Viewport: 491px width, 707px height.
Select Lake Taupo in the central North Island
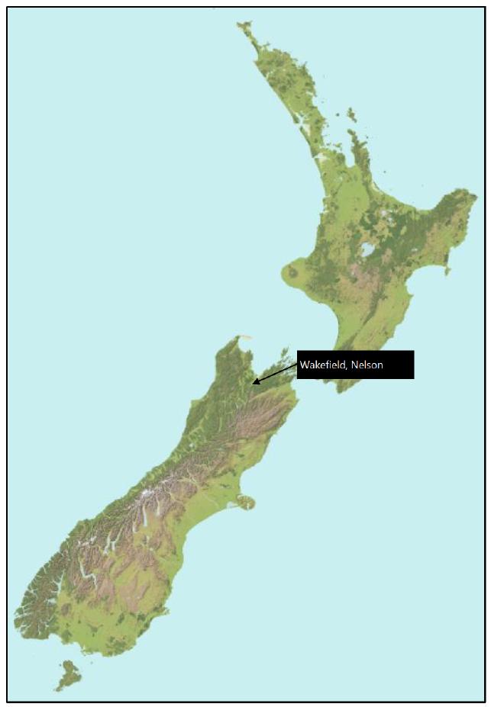pyautogui.click(x=368, y=249)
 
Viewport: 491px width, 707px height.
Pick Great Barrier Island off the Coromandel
pyautogui.click(x=351, y=114)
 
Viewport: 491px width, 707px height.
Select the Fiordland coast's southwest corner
pyautogui.click(x=18, y=615)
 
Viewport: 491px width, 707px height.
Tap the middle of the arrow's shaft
pyautogui.click(x=276, y=371)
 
